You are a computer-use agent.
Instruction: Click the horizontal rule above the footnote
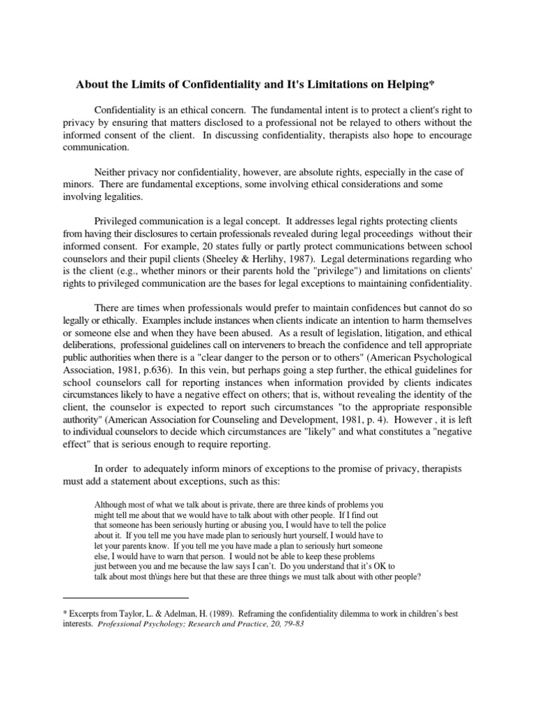[125, 597]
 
